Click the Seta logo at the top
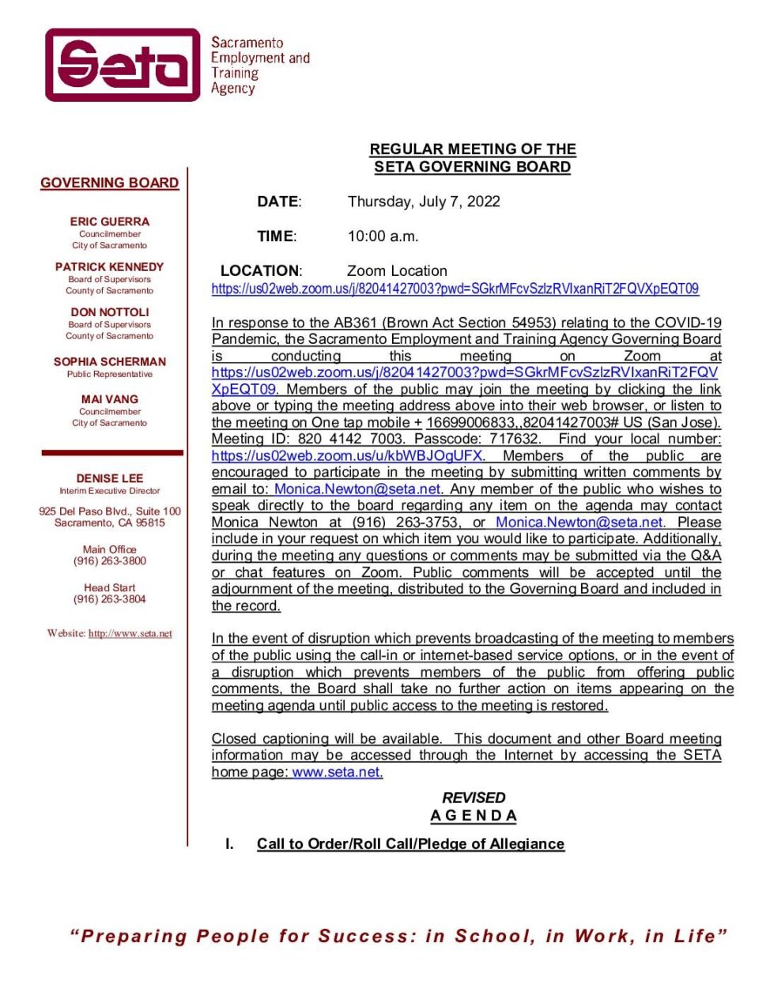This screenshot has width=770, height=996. coord(123,65)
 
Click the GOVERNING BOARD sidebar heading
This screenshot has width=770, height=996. coord(110,183)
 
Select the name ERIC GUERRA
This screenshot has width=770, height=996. coord(109,222)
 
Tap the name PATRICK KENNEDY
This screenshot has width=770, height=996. coord(109,267)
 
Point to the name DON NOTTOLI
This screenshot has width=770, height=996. coord(109,312)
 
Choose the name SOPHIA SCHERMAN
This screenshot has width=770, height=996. coord(110,361)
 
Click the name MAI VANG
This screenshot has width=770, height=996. coord(109,399)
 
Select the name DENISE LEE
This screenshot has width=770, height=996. coord(109,478)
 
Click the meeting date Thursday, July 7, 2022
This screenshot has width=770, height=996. coord(424,202)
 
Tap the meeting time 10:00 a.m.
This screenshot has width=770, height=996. coord(383,236)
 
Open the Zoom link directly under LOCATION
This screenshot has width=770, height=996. coord(455,289)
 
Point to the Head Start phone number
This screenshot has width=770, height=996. coord(110,599)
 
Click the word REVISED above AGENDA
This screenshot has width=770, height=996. coord(474,798)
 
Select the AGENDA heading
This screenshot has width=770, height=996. coord(474,816)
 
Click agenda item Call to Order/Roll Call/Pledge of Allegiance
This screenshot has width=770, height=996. coord(410,844)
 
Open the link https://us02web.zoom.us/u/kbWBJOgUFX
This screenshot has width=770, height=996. coord(347,456)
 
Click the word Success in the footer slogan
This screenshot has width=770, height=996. coord(366,937)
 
